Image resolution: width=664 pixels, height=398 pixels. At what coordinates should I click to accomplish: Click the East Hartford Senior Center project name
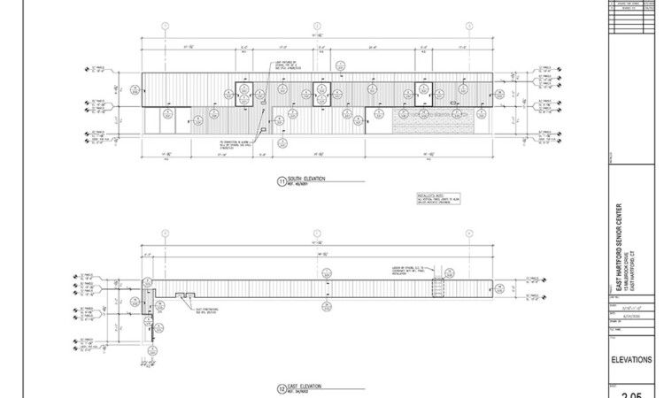coord(618,249)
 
